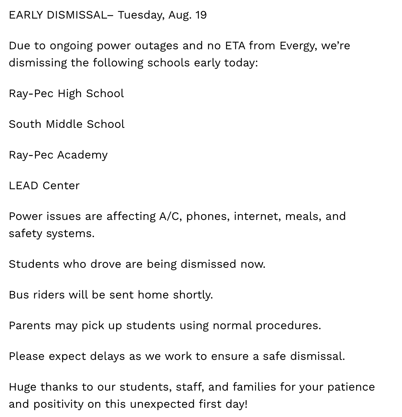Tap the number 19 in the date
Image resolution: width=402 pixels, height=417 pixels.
pos(201,15)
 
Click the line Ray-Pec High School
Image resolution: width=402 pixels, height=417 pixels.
pos(66,94)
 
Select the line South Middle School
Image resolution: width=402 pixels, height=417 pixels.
pos(67,124)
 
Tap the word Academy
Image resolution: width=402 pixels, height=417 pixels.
pos(82,155)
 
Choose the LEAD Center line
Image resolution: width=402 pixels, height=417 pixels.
pos(44,186)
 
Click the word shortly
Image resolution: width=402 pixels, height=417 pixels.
pos(193,295)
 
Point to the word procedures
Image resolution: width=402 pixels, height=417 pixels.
pos(288,326)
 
